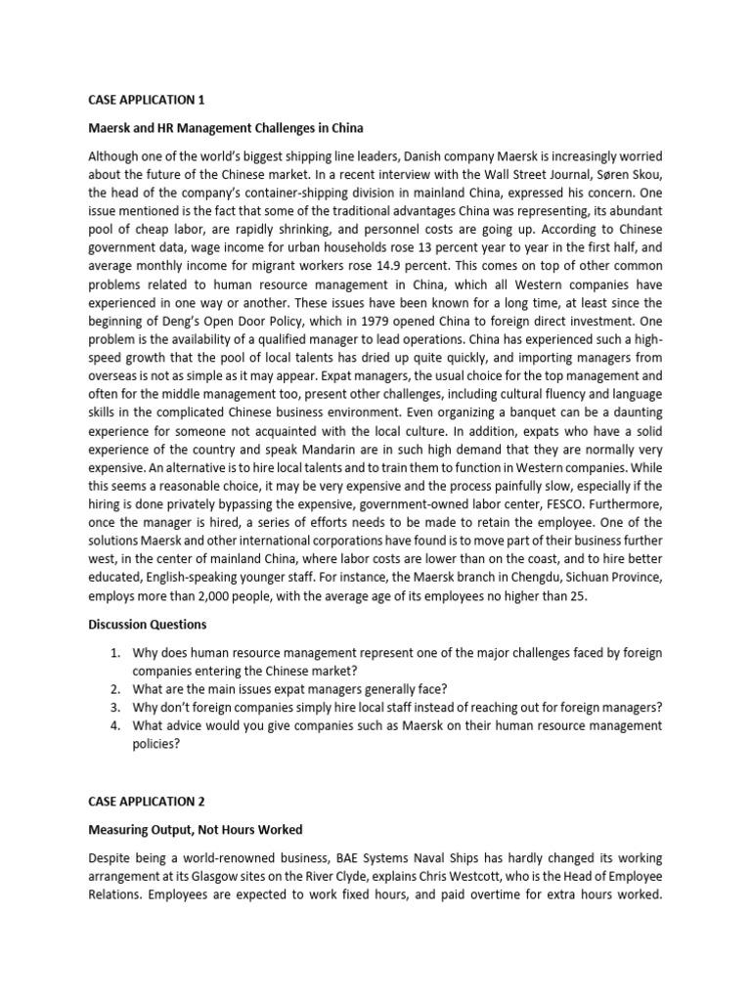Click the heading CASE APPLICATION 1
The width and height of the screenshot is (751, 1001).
click(147, 99)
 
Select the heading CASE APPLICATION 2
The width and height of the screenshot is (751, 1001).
click(147, 801)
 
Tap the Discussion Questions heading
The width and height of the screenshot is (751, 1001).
click(148, 625)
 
